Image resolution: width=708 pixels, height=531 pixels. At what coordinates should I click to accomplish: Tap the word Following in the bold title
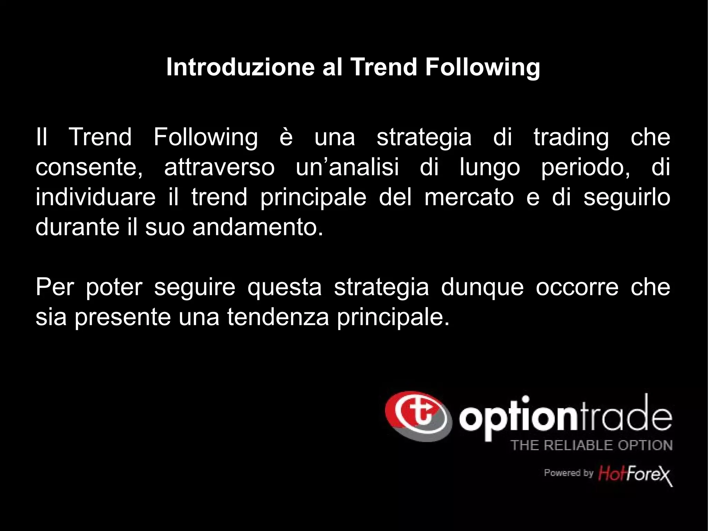(x=483, y=67)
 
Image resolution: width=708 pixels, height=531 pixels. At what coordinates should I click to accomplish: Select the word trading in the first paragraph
(x=571, y=137)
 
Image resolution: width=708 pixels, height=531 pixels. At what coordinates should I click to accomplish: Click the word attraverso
(x=219, y=167)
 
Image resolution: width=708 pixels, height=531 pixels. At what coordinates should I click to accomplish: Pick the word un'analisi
(x=347, y=167)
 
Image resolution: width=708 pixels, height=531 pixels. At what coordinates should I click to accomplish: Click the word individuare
(x=96, y=197)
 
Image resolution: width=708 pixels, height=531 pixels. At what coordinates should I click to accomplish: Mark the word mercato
(x=469, y=197)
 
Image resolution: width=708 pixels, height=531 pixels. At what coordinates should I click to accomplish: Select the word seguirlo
(x=627, y=198)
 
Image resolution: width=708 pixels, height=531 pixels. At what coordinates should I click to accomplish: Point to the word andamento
(x=257, y=227)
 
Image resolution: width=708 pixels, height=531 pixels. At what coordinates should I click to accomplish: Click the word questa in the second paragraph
(x=285, y=288)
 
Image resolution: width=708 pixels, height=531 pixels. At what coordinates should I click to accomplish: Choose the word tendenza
(x=278, y=317)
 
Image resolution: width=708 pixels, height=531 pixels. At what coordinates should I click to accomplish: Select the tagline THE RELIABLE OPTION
(x=591, y=445)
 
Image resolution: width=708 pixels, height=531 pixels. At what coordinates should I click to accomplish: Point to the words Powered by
(x=568, y=473)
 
